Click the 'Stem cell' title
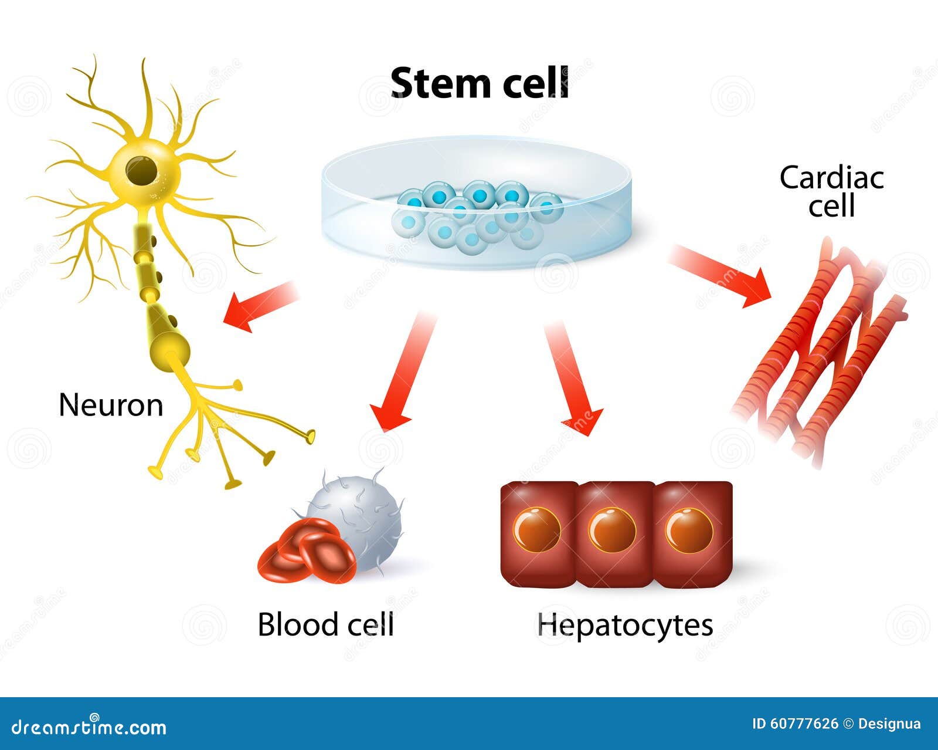click(480, 83)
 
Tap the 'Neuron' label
click(111, 405)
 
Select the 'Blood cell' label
click(325, 624)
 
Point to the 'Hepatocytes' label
click(625, 624)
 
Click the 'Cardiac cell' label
click(831, 191)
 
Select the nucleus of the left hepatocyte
click(537, 530)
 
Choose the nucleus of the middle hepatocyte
click(613, 530)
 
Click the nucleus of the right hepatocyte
click(689, 530)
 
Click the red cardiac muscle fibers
click(821, 346)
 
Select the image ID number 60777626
click(805, 724)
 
